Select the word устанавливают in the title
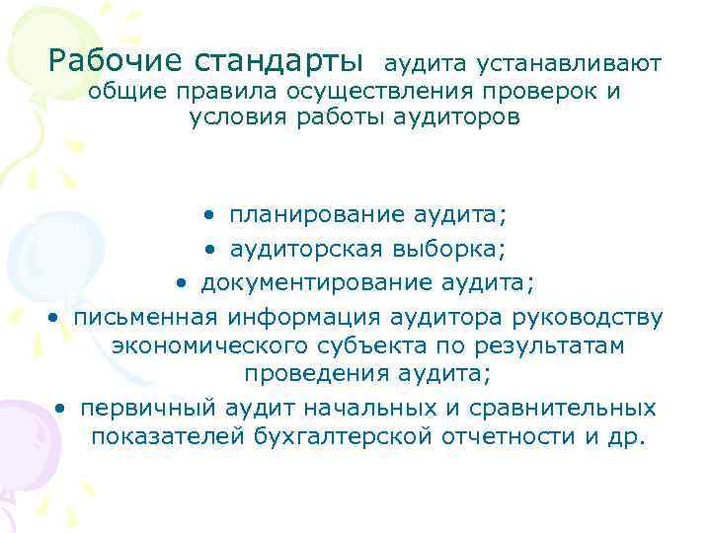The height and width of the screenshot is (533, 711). click(x=568, y=64)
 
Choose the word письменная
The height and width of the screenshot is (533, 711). click(x=145, y=318)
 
